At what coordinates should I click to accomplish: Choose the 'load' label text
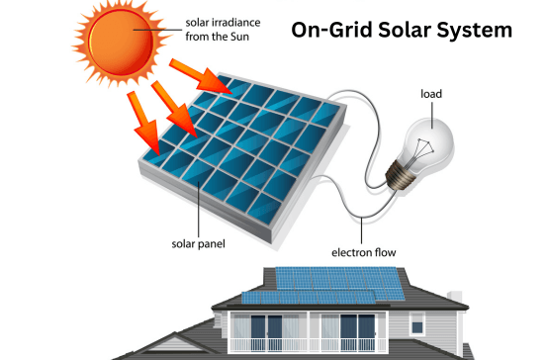click(x=430, y=95)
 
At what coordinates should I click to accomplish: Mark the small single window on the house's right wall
click(x=419, y=323)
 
